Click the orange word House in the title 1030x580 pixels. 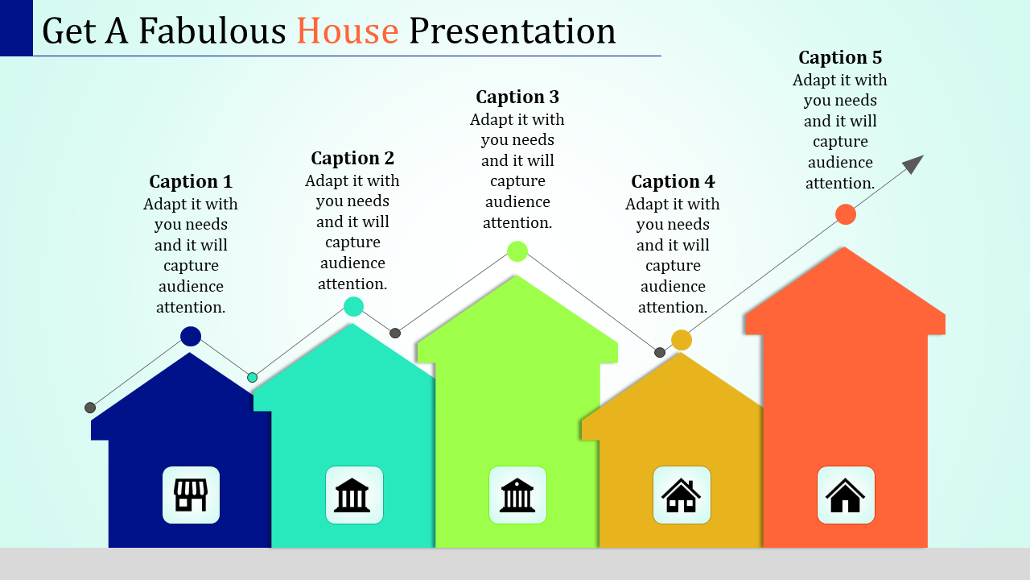348,31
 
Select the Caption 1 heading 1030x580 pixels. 191,181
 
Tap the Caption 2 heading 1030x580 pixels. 352,158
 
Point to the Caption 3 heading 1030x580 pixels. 517,97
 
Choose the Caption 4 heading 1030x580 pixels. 673,181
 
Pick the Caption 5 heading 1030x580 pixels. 840,57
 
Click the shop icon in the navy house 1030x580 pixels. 191,495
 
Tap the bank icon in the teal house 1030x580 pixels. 352,495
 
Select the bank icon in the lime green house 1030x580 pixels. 517,495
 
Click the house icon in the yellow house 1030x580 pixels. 681,495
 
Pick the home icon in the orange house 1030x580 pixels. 845,495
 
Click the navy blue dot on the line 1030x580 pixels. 191,336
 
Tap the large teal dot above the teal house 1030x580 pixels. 353,307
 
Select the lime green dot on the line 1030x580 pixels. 517,251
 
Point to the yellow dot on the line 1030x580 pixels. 682,340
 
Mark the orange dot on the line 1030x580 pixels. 846,214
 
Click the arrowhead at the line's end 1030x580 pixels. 913,164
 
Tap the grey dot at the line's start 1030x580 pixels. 90,408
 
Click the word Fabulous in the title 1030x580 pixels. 212,31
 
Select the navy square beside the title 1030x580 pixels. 17,28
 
